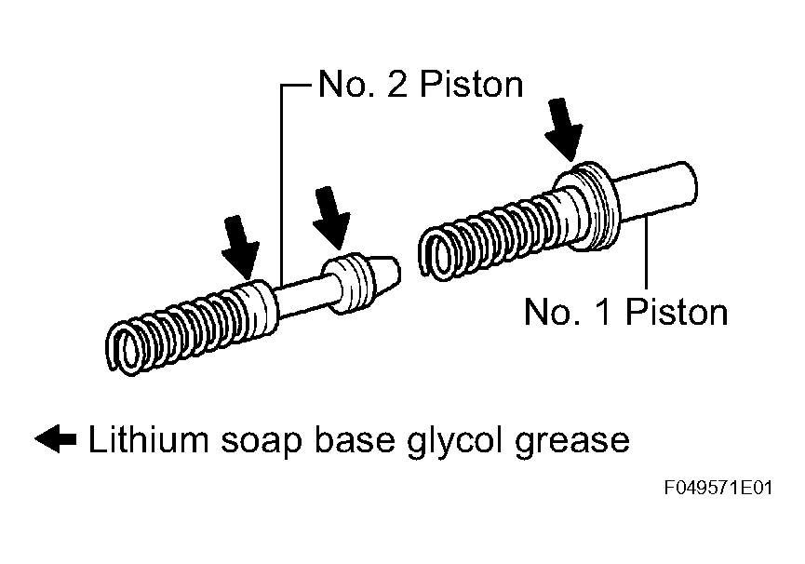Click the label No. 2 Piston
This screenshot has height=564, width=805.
point(421,84)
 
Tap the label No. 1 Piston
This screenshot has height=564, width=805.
point(625,312)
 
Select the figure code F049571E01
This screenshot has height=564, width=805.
point(718,487)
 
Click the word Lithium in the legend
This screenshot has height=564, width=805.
point(148,439)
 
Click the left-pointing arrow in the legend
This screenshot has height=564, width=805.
point(56,438)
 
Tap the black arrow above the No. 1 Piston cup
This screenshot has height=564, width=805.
point(564,130)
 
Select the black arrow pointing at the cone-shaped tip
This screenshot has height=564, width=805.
point(331,218)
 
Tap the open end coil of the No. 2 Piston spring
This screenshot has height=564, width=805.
point(123,349)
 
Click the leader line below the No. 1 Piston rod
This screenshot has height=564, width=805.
point(646,253)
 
